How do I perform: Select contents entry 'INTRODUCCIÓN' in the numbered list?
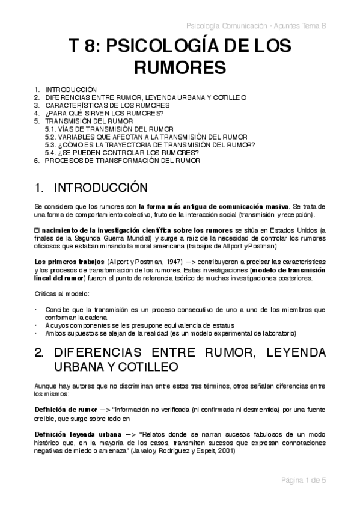71,89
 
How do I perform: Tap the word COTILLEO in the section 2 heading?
160,366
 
